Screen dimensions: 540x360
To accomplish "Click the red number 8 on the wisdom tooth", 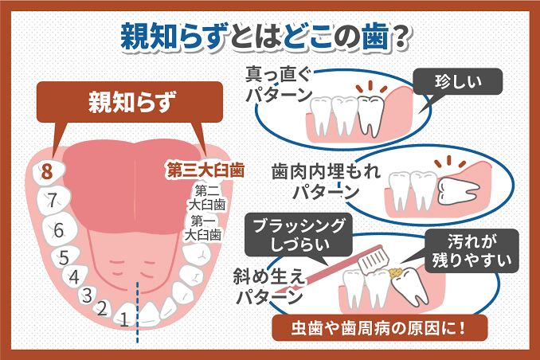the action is pos(47,171).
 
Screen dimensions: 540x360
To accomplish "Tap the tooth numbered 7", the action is pos(53,200).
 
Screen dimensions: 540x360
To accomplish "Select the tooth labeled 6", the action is pos(59,229).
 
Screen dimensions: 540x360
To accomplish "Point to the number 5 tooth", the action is pos(65,256).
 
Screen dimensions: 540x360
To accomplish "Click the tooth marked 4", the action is pos(75,276).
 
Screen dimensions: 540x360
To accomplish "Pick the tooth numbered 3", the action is pos(88,295).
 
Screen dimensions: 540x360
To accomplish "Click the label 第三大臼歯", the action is pos(205,170).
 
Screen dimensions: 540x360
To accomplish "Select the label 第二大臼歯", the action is pos(207,198).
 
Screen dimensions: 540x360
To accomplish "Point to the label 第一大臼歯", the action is pos(203,228).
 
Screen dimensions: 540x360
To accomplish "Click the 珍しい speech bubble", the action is pos(457,82).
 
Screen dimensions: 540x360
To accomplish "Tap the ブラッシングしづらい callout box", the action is pos(299,235).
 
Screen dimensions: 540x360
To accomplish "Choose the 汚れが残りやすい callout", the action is pos(472,251).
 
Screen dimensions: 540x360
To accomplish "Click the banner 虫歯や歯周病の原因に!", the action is pos(380,328).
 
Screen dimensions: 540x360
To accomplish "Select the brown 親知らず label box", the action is pos(130,102).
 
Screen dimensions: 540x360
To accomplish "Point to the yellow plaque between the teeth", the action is pos(396,272).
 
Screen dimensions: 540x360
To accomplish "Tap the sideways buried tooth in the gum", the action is pos(458,191).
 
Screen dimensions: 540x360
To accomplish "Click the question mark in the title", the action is pos(401,38).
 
